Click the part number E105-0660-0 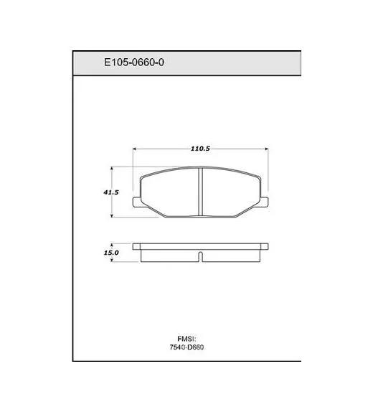134,62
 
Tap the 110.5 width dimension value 200,149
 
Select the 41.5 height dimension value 111,192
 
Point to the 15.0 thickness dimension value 111,253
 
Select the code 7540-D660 186,347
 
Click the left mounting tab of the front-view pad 137,202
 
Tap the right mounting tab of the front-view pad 264,202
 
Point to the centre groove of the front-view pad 200,192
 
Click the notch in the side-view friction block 200,257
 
